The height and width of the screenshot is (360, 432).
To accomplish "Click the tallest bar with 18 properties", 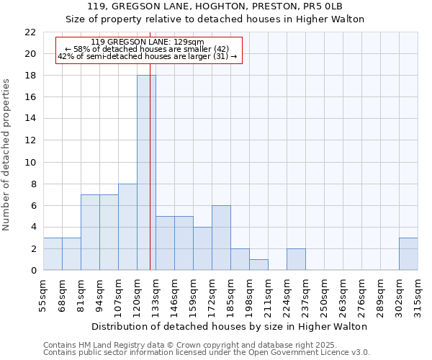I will [146, 173].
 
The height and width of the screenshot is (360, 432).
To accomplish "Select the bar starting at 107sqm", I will [127, 227].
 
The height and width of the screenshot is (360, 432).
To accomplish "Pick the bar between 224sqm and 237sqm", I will [296, 259].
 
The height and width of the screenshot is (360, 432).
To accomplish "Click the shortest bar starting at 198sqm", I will [258, 264].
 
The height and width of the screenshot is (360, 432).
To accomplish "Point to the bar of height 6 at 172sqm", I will [221, 238].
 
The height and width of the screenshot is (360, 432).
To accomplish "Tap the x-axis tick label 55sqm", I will [43, 294].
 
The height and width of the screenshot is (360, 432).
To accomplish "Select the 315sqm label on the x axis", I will [418, 294].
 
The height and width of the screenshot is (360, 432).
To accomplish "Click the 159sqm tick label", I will [193, 294].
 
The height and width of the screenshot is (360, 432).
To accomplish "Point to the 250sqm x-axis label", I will [324, 294].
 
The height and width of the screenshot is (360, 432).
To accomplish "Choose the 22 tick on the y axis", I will [30, 32].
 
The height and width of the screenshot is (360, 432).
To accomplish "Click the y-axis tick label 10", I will [30, 162].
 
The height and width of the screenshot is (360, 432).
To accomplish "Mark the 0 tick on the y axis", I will [33, 270].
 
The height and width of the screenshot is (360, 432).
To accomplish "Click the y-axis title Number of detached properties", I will [7, 155].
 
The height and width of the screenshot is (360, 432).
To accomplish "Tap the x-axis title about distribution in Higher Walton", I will [230, 326].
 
